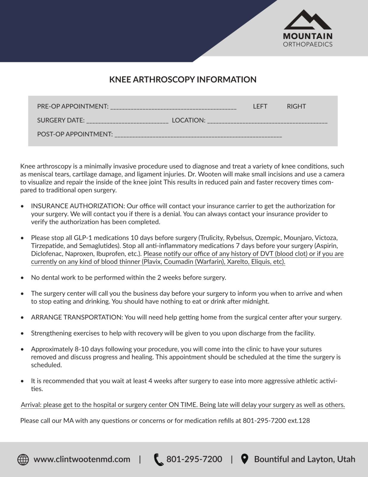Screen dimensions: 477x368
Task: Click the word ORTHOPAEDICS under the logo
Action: [308, 44]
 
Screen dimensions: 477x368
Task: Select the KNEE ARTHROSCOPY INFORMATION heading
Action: [183, 80]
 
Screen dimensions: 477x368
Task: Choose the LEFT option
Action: [260, 106]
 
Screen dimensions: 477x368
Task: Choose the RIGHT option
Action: [296, 106]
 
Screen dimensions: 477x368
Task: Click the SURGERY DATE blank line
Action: [127, 121]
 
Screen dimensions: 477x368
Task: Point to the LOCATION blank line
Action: [267, 121]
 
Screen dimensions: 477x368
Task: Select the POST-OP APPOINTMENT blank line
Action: [198, 135]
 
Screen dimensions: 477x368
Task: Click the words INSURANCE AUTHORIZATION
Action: [77, 206]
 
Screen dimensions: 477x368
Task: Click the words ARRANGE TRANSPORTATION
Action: [77, 317]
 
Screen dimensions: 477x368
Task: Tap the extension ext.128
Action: [299, 421]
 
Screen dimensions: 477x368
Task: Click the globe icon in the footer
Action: [23, 459]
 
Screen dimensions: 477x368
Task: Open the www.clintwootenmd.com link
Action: [82, 459]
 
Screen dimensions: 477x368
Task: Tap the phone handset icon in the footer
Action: [158, 459]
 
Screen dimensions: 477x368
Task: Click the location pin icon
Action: [244, 459]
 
